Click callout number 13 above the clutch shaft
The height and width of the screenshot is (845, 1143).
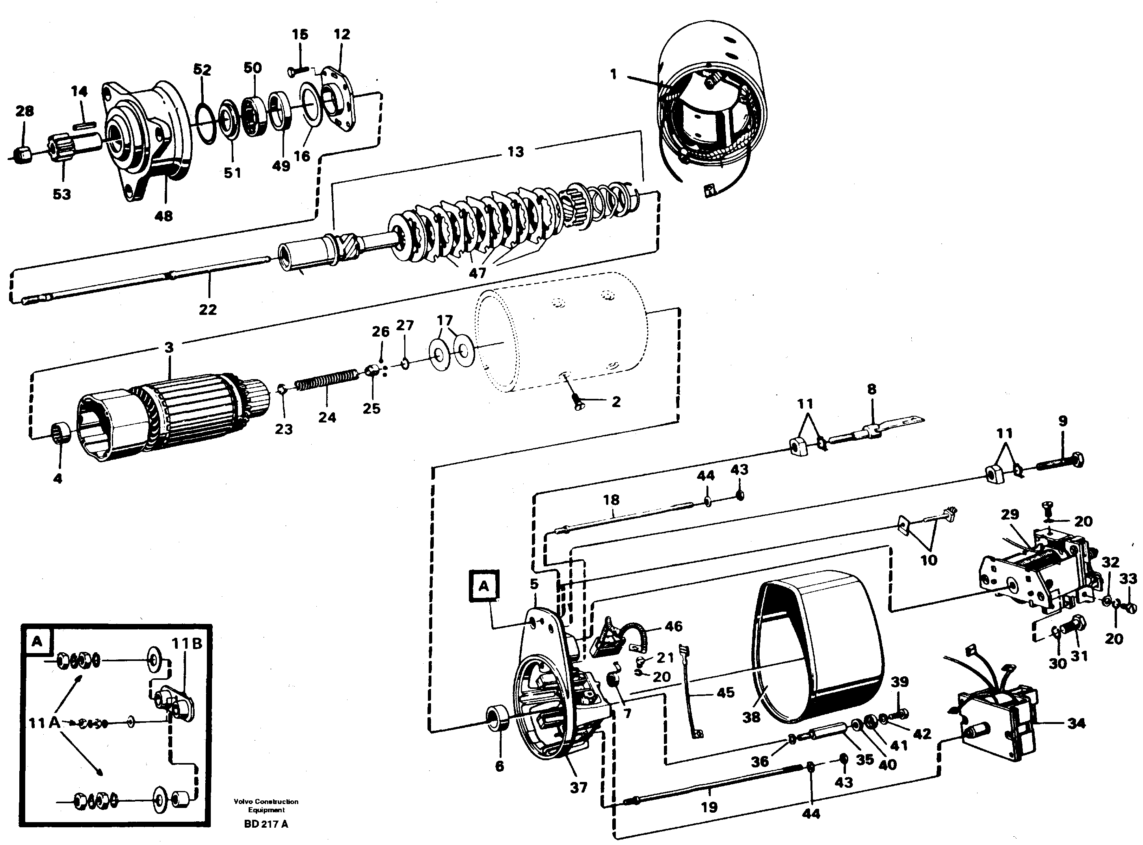515,151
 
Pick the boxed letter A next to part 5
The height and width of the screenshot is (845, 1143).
484,586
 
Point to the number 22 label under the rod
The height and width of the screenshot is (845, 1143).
207,309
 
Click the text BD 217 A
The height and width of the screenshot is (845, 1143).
266,824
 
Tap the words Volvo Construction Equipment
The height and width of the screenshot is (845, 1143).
266,805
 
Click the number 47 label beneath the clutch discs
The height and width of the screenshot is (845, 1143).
477,273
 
